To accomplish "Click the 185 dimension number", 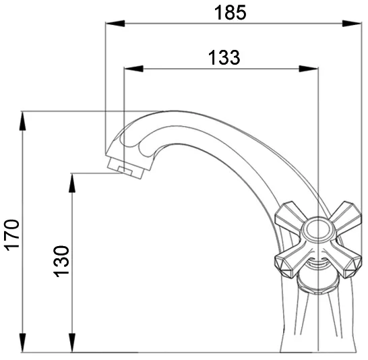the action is click(x=231, y=13).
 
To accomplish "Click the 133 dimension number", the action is click(x=224, y=57).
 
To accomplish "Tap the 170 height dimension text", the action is click(x=12, y=235).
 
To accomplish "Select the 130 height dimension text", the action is click(x=61, y=262).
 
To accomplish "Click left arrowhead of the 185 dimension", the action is click(x=115, y=24).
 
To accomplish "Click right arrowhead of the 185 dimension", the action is click(x=352, y=24).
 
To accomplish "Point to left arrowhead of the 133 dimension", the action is click(x=133, y=69).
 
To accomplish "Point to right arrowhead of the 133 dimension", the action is click(x=309, y=69).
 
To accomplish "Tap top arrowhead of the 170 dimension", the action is click(x=22, y=121).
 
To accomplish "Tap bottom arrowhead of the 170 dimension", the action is click(x=22, y=342).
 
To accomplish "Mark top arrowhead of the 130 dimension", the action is click(x=73, y=183).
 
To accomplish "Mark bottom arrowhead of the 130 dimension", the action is click(x=73, y=342).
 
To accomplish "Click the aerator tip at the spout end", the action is click(x=126, y=169).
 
